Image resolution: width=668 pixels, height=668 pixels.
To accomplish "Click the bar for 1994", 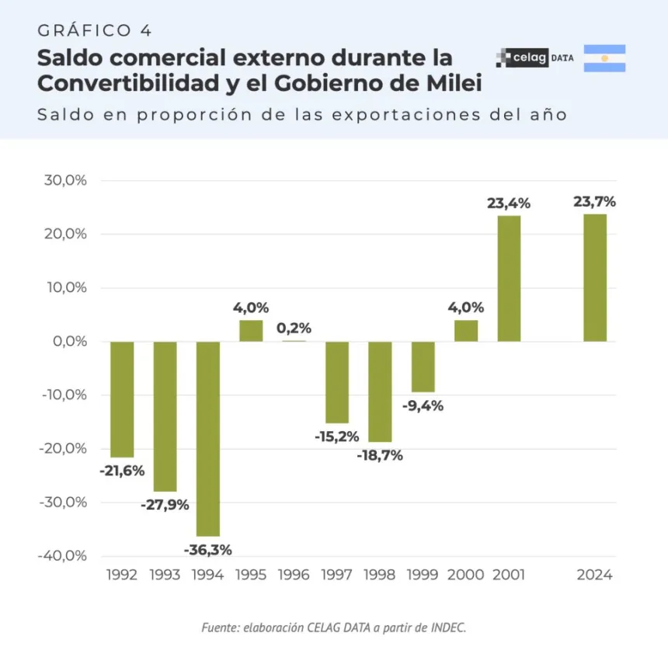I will [207, 438].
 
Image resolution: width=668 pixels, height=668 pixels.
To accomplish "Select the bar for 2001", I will [509, 278].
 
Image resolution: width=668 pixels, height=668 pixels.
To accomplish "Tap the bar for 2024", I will [595, 277].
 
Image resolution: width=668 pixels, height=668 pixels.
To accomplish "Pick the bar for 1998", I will [380, 391].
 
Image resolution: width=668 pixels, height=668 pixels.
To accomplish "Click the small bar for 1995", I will [251, 331].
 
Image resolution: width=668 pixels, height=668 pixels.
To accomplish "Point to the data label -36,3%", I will [207, 550].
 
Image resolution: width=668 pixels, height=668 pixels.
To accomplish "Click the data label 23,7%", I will [595, 202].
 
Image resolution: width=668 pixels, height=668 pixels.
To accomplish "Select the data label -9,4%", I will [423, 405].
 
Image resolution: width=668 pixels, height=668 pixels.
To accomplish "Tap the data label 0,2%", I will [294, 328].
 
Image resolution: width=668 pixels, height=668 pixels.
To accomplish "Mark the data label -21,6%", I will [122, 470].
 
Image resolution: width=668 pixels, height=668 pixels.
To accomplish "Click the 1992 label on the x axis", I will [121, 576].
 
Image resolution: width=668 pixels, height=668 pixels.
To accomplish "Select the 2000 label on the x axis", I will [465, 576].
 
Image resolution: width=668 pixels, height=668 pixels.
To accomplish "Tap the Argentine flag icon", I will [604, 58].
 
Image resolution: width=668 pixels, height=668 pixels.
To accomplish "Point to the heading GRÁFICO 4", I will [94, 30].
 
